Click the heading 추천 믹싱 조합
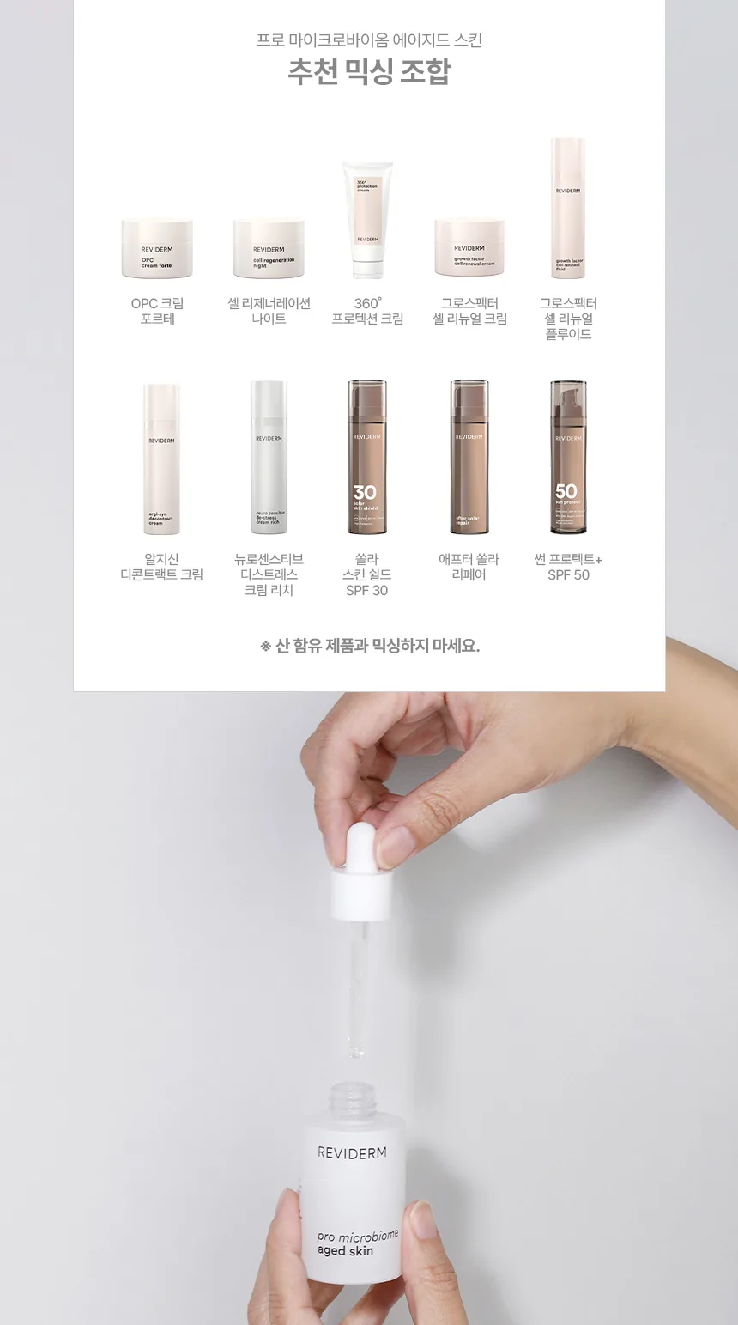369,72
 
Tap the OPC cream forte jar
157,248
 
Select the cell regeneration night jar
269,248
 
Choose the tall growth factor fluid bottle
568,209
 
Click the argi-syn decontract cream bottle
161,459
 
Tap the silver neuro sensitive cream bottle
269,459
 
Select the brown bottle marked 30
367,457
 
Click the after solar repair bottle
469,457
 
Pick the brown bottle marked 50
568,457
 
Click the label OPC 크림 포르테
157,311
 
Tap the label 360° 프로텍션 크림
367,311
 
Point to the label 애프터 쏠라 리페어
469,567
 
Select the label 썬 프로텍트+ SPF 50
568,567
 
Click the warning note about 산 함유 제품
370,646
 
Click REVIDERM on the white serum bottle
352,1152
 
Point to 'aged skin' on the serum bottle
345,1251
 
